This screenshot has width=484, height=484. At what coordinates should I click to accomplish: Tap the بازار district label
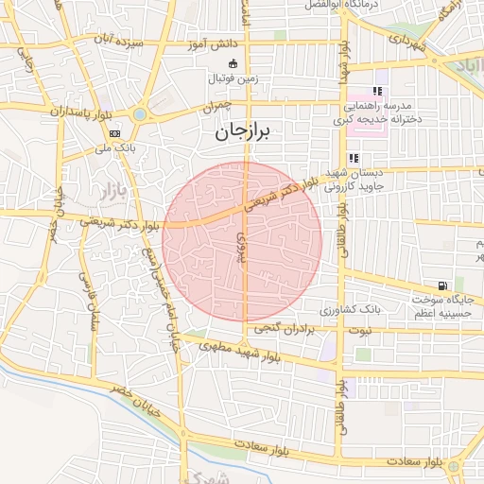(x=111, y=191)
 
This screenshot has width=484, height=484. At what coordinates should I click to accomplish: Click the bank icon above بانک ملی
(x=114, y=133)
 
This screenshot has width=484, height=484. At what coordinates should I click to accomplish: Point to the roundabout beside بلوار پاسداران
(x=140, y=114)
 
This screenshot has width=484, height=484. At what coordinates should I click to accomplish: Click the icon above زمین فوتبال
(x=234, y=63)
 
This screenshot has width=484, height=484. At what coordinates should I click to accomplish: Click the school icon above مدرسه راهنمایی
(x=377, y=92)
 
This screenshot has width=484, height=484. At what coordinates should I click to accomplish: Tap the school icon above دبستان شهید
(x=353, y=158)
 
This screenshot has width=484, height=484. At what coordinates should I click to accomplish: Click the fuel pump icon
(x=441, y=285)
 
